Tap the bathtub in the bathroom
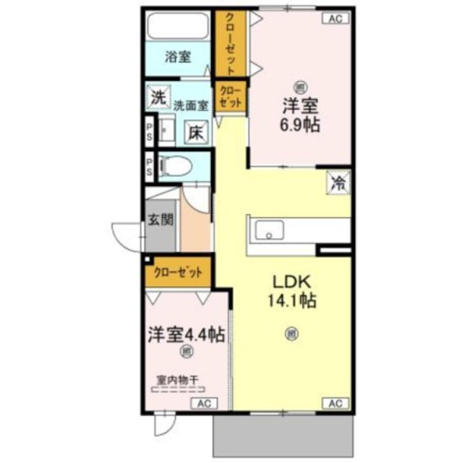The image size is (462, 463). tap(177, 27)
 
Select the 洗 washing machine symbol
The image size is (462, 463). tap(157, 95)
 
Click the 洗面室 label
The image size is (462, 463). tap(190, 105)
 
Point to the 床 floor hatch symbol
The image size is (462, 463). tap(196, 132)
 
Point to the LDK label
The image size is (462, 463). tap(293, 281)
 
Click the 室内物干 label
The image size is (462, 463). tap(176, 377)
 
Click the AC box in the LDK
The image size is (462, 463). tap(335, 402)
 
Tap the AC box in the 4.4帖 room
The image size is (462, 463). tap(202, 402)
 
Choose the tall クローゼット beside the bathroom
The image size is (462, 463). tap(230, 45)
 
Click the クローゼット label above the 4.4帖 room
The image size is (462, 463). tap(178, 272)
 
